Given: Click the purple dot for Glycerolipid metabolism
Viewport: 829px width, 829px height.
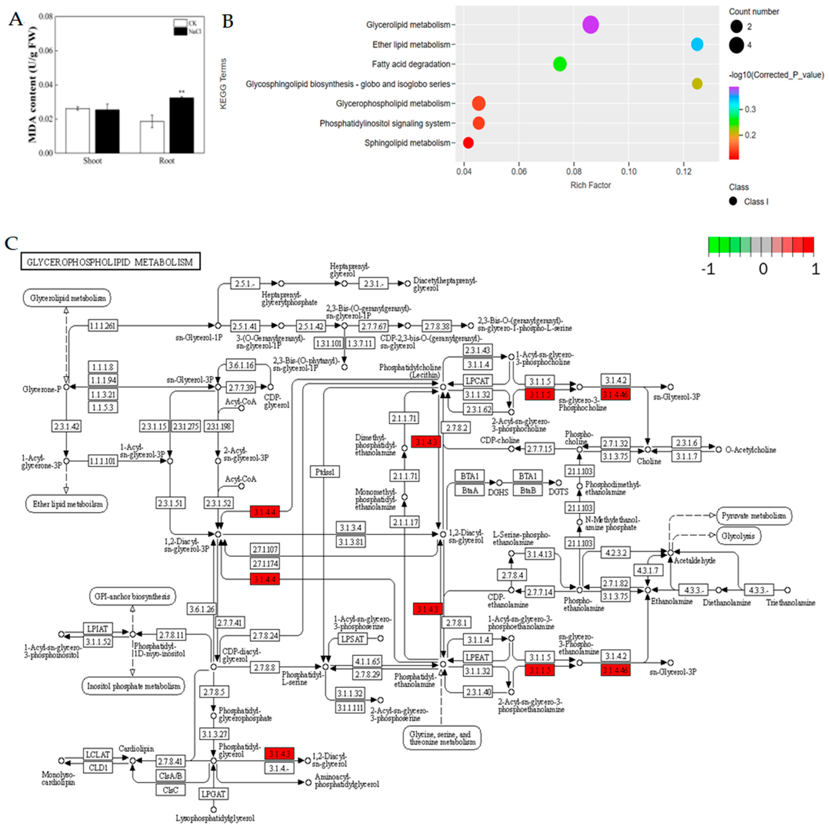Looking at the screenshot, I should (590, 24).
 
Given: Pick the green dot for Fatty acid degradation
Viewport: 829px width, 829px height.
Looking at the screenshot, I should (559, 64).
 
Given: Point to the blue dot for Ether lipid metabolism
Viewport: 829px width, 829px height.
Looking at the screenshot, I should (697, 44).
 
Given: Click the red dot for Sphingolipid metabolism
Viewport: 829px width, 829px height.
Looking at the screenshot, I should (468, 143).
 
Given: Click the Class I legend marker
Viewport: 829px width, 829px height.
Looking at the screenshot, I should (733, 201).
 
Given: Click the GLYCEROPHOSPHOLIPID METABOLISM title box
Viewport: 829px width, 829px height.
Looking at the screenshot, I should (110, 262).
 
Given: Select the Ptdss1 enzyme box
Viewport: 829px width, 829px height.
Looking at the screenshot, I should (325, 472).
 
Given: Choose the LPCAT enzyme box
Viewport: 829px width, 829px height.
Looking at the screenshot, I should (477, 381).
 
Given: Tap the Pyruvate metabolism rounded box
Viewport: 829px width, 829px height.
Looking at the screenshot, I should (753, 516).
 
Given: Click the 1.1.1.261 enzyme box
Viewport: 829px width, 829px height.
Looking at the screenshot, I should (103, 326).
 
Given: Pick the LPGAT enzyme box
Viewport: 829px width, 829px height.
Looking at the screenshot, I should (213, 794).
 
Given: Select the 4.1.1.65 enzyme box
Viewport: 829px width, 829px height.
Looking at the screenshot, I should (367, 661).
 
